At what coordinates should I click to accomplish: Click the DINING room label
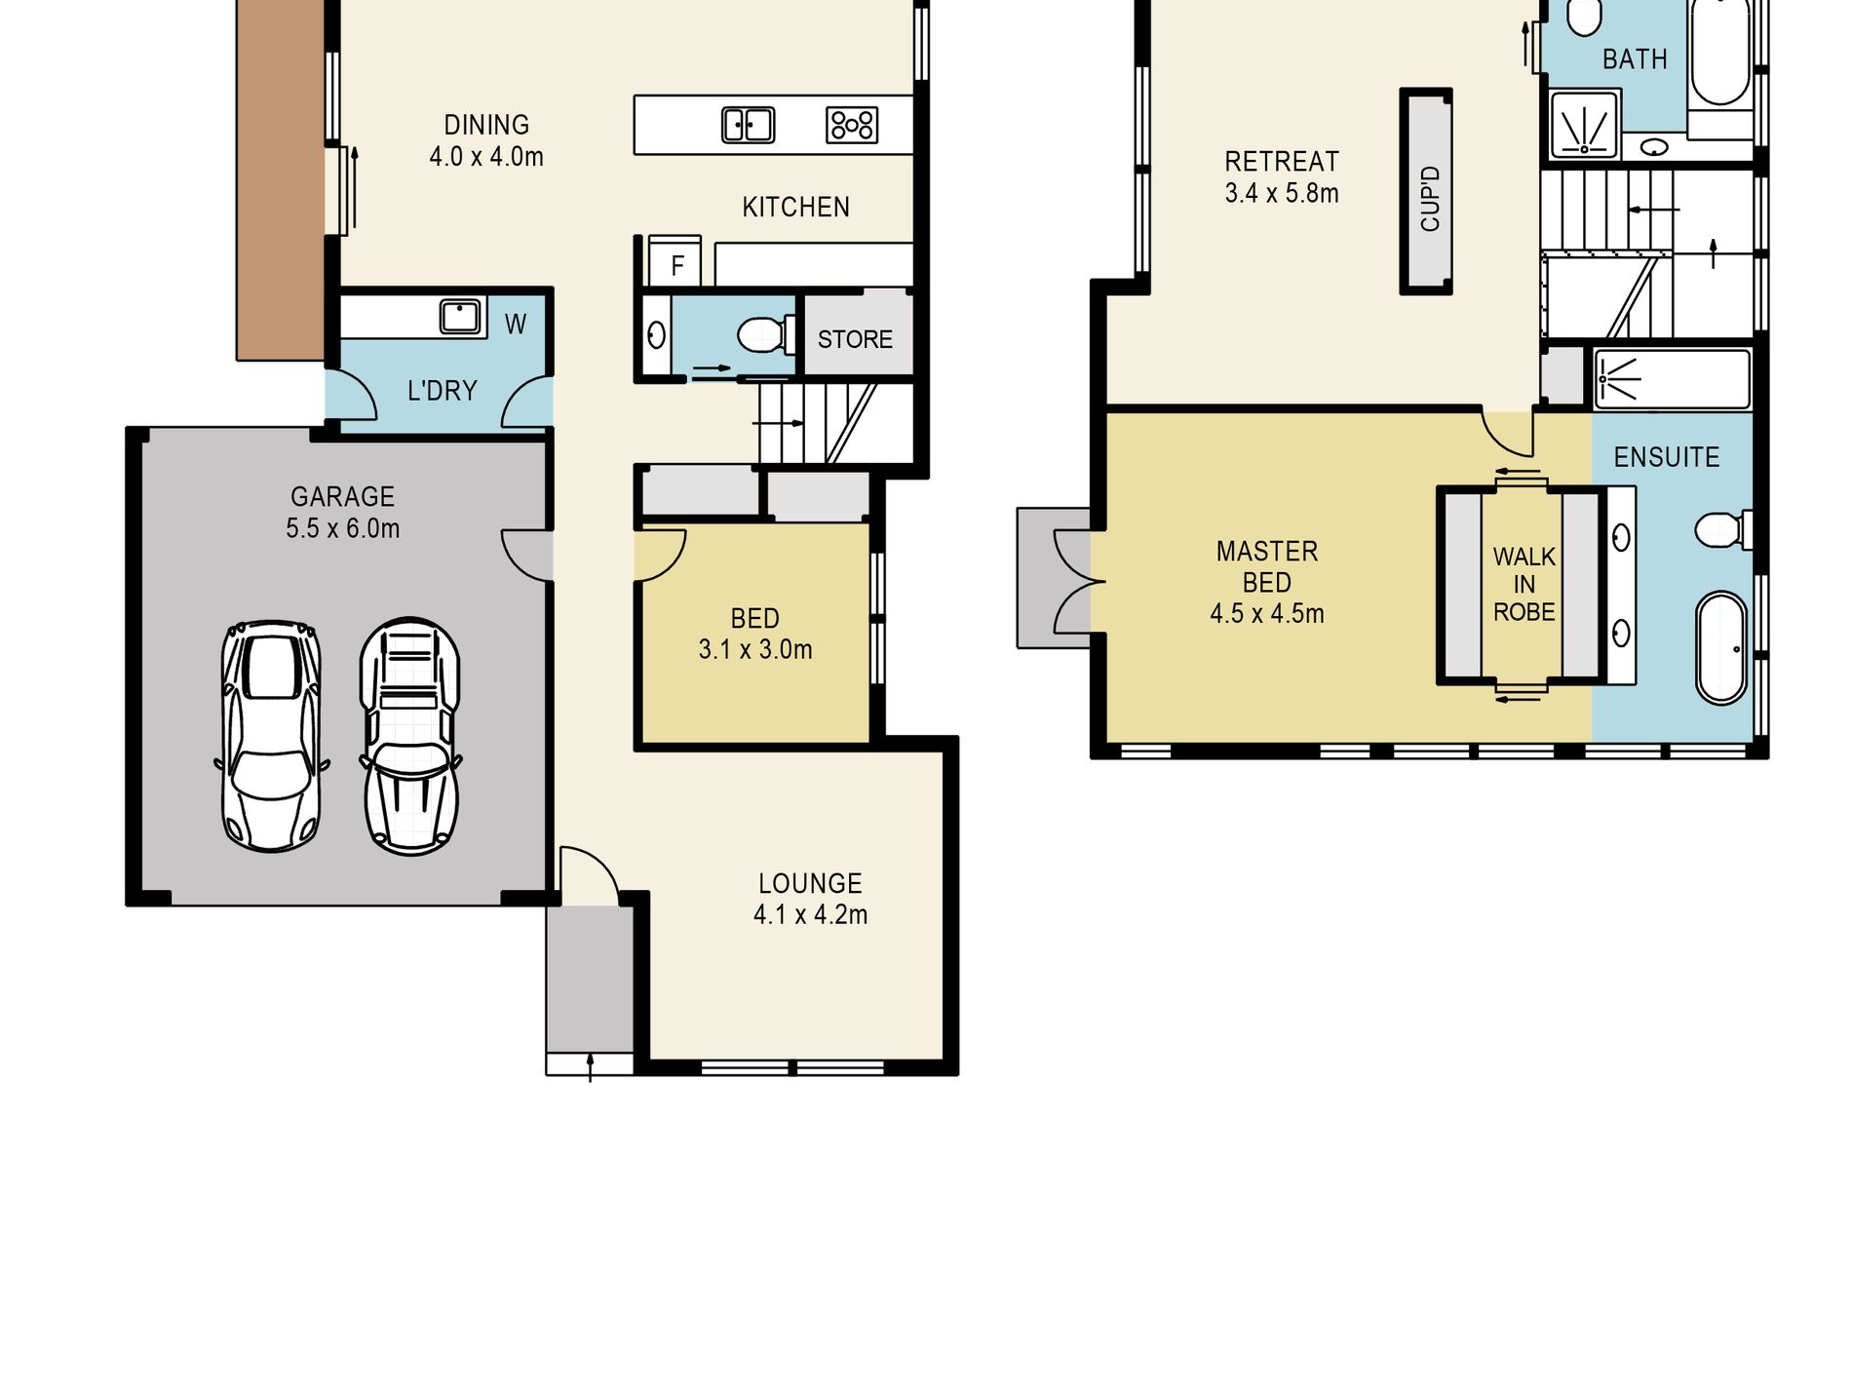486,125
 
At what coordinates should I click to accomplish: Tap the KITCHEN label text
795,207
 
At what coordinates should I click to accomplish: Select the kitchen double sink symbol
748,125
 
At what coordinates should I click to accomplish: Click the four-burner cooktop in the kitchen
852,125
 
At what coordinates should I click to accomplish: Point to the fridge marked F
675,260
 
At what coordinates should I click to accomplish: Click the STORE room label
855,339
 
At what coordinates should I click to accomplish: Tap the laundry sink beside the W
460,317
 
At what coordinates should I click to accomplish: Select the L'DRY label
443,391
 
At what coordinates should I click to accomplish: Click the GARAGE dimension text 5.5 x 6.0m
342,528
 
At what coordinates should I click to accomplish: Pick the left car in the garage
271,736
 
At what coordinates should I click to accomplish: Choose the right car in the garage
410,737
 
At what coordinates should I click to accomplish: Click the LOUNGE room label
810,883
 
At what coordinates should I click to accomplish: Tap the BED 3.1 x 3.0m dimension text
755,649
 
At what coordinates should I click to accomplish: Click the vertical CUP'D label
1430,199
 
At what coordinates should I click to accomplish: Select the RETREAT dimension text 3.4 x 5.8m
1282,193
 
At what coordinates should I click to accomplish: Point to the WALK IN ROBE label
1524,584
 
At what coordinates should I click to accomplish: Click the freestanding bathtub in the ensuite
1721,647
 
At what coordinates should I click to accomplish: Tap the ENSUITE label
1667,457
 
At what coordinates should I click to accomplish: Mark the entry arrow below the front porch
590,1067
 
